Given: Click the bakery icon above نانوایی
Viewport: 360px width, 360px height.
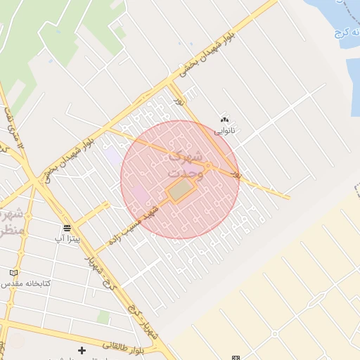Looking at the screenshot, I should [x=225, y=120].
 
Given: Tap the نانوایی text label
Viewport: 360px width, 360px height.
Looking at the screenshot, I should [x=225, y=130].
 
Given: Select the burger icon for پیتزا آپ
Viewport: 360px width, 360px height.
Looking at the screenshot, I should [x=67, y=228].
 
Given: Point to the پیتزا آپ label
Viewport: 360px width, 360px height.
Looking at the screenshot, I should [x=68, y=239].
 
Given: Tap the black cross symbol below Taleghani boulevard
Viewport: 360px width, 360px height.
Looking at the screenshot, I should [x=82, y=349].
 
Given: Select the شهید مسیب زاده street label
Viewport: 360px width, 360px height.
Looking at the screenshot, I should [x=134, y=224].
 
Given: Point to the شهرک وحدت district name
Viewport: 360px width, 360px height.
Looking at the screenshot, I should [x=186, y=164].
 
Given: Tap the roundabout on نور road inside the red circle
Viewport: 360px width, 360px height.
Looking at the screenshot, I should [x=209, y=166].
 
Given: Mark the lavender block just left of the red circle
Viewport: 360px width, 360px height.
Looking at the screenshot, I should [x=112, y=155].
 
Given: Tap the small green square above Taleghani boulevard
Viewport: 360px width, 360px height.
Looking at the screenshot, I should [x=104, y=318].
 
